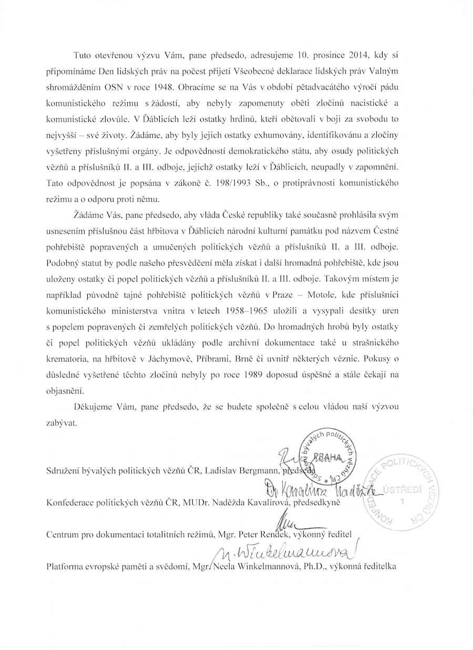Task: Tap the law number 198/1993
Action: coord(270,185)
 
